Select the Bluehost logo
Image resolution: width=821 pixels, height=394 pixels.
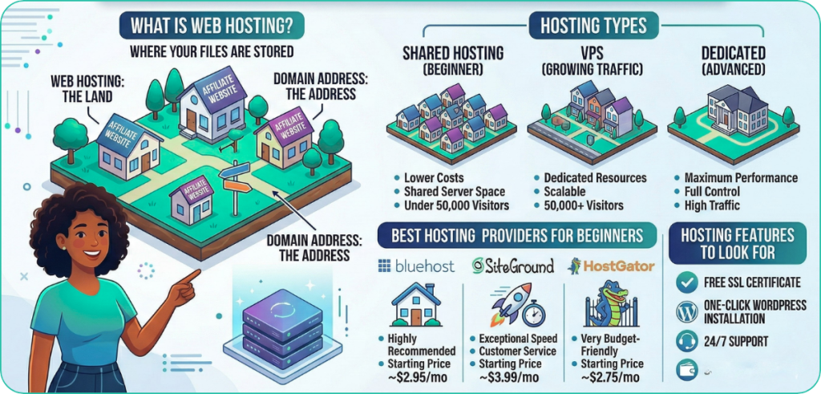click(416, 266)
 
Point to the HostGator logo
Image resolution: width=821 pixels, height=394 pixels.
click(611, 266)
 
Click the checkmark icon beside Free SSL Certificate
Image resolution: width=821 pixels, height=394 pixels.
click(686, 282)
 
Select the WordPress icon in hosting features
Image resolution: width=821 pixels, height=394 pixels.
click(686, 311)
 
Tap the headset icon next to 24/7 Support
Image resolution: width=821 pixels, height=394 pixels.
click(686, 341)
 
